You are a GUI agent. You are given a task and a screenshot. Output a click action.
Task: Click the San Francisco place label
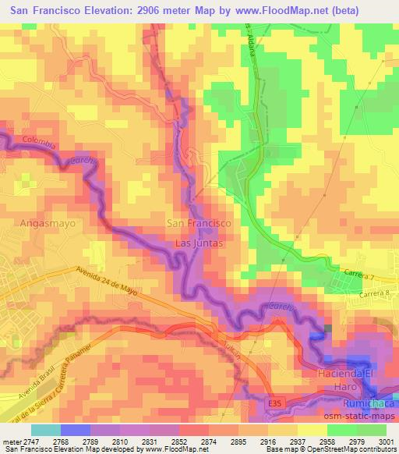pyautogui.click(x=199, y=223)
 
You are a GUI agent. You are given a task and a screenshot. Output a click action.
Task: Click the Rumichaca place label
pyautogui.click(x=370, y=403)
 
